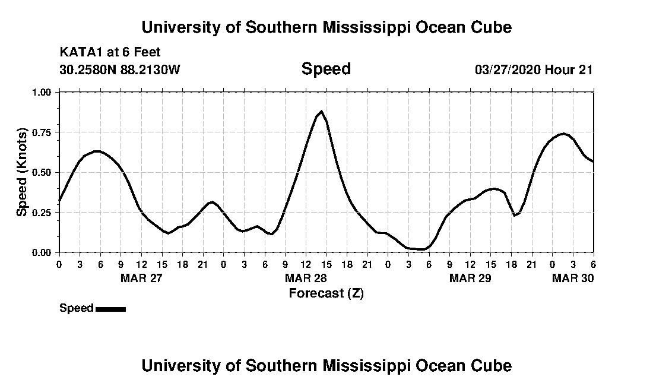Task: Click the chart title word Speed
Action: (326, 69)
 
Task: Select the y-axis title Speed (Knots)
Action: (21, 172)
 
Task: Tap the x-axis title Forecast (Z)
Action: (326, 293)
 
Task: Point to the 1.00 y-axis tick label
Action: (42, 92)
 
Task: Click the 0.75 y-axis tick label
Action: (42, 132)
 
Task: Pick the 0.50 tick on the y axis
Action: (42, 172)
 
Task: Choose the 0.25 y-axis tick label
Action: (42, 213)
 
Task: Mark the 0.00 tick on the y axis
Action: (42, 252)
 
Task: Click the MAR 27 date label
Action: (141, 278)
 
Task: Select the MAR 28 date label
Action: (306, 278)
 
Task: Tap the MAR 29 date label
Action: (470, 278)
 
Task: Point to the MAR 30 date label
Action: (573, 278)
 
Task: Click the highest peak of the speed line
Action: (321, 111)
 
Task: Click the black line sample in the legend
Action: (110, 309)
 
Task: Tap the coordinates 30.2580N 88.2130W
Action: (119, 69)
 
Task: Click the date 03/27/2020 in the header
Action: (507, 69)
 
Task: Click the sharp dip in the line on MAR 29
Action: (515, 215)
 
